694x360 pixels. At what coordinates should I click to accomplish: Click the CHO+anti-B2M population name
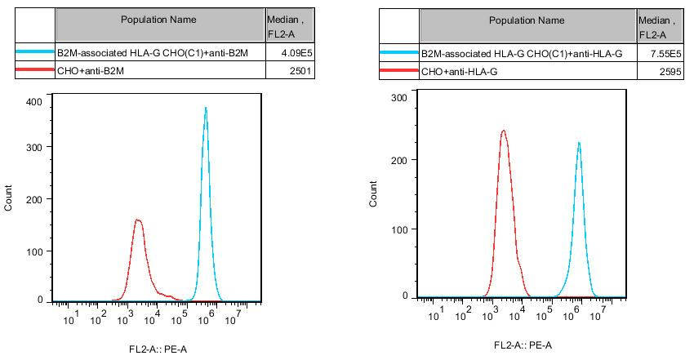(93, 72)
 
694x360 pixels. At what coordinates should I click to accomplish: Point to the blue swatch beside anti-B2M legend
(35, 54)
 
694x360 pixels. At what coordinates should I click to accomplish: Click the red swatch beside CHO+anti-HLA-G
(398, 72)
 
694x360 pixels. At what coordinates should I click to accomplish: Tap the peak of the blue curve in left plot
(206, 108)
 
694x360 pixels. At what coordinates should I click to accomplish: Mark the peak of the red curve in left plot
(138, 220)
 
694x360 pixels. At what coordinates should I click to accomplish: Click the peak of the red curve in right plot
(503, 131)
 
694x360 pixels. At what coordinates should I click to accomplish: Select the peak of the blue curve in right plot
(579, 143)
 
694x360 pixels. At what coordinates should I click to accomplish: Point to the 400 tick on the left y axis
(35, 101)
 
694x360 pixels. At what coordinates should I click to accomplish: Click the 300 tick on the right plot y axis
(399, 97)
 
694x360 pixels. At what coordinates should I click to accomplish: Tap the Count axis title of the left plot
(9, 199)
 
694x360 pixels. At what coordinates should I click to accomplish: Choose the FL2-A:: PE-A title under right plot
(523, 345)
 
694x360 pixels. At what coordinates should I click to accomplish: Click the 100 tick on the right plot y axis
(399, 229)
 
